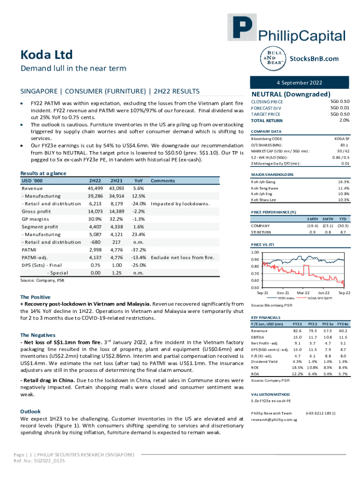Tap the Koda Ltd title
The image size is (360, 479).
[46, 55]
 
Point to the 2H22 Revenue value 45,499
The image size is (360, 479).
[95, 188]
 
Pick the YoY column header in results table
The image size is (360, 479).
[138, 180]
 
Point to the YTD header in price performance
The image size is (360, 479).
[342, 218]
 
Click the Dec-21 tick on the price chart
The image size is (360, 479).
[283, 292]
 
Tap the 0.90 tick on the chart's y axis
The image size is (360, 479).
[255, 259]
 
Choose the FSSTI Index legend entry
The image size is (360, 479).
[286, 297]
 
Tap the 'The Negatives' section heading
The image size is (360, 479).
[38, 335]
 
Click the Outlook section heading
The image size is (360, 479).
[30, 411]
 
